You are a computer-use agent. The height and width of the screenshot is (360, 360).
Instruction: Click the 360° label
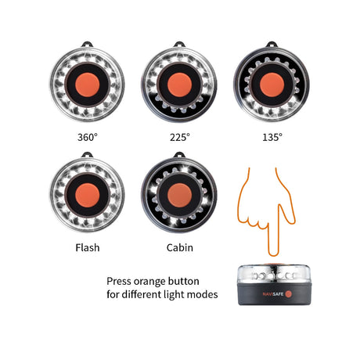[88, 137]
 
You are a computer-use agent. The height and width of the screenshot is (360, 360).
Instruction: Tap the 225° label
[180, 137]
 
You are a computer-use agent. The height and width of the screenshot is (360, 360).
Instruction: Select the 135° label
[272, 137]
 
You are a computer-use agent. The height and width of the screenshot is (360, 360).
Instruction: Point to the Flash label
[88, 247]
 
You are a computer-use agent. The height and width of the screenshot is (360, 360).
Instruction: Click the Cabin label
[180, 247]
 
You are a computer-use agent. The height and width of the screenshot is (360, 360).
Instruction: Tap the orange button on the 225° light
[180, 85]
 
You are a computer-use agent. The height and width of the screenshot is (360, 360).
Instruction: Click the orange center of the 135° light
[272, 85]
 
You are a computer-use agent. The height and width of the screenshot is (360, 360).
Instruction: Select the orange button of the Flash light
[88, 195]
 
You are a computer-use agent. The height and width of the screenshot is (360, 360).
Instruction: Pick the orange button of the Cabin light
[180, 195]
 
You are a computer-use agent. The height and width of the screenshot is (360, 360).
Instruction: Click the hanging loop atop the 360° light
[88, 45]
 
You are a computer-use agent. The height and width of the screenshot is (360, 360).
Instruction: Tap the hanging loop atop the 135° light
[272, 45]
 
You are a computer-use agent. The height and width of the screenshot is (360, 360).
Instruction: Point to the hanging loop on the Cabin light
[180, 155]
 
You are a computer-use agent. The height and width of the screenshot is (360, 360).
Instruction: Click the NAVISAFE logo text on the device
[273, 294]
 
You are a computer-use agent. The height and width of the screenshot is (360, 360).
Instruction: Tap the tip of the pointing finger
[273, 254]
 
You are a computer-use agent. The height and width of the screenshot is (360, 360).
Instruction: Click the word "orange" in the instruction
[149, 282]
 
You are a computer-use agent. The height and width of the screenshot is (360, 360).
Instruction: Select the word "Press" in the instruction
[119, 281]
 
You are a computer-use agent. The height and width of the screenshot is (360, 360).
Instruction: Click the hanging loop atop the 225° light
[180, 45]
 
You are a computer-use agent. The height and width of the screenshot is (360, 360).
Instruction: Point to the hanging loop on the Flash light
[88, 155]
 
